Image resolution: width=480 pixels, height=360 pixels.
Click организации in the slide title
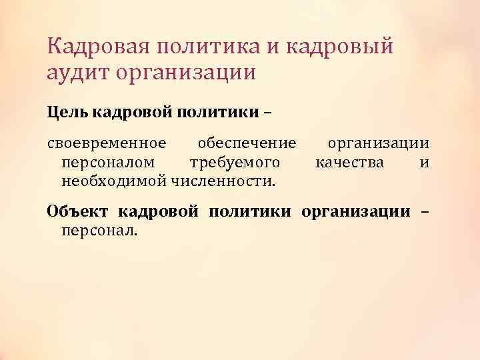click(x=186, y=72)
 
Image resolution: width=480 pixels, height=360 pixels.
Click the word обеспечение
click(x=247, y=145)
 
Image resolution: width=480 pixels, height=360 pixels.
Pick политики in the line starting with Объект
click(x=249, y=212)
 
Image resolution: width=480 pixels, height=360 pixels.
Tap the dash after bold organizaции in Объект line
click(x=424, y=213)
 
